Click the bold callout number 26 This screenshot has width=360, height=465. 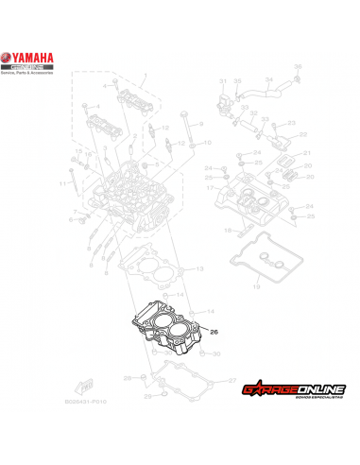(214, 332)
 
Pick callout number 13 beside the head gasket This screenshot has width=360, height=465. (199, 270)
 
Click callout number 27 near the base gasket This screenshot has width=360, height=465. (224, 380)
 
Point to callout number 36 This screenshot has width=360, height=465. (296, 65)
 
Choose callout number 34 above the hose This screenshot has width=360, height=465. (268, 79)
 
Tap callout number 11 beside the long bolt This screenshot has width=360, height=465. (60, 181)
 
